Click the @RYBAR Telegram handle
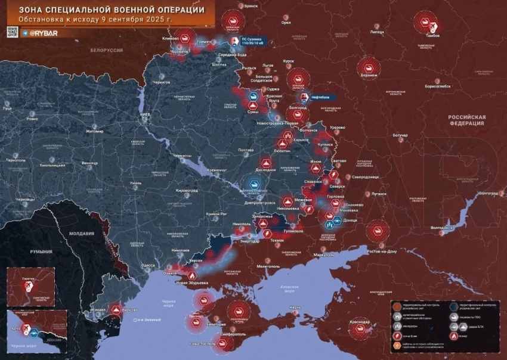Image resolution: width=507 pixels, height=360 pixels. (x=45, y=33)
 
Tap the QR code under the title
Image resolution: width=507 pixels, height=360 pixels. (x=12, y=32)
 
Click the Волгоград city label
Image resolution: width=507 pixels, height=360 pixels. (x=489, y=193)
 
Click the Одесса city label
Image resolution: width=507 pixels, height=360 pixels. (x=148, y=265)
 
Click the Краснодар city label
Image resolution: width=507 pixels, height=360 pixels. (x=360, y=322)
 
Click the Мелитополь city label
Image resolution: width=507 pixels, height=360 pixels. (x=268, y=266)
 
